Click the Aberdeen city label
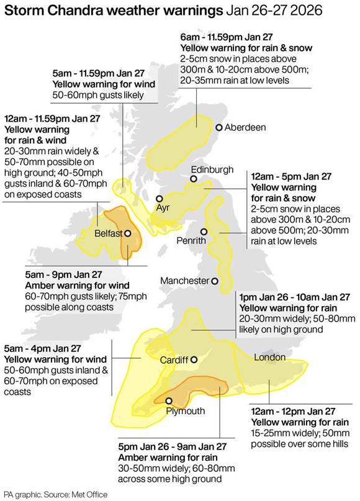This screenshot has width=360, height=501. (x=245, y=127)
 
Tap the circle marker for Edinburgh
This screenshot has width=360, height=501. (x=193, y=179)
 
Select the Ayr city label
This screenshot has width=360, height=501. (x=163, y=207)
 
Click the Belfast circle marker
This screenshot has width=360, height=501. (x=127, y=233)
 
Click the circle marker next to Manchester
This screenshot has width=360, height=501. (x=215, y=281)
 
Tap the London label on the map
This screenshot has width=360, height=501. (x=269, y=357)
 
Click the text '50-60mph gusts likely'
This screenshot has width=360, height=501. (x=98, y=95)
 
